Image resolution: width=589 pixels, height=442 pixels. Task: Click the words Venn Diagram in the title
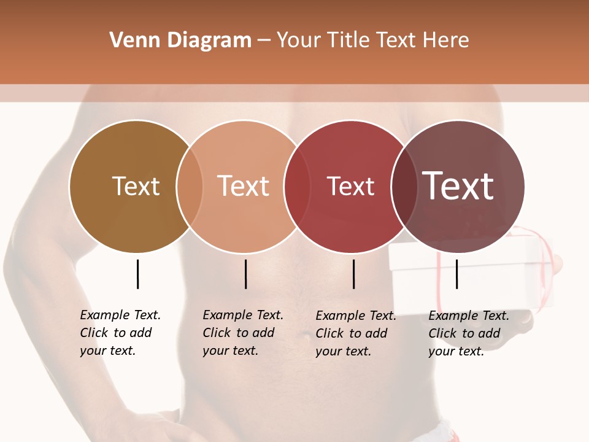[180, 41]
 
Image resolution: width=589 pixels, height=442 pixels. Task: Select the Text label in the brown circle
[136, 186]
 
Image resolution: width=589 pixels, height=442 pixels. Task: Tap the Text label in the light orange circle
[243, 186]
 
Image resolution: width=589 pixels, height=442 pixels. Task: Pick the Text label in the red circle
[350, 186]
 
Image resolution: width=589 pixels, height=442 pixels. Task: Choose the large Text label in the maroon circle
[458, 186]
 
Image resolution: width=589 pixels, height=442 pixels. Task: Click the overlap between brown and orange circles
[190, 186]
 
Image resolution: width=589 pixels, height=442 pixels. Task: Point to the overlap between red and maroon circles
[404, 186]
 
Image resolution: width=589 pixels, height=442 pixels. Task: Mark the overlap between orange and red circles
[296, 186]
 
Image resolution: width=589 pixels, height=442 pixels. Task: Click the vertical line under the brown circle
[138, 274]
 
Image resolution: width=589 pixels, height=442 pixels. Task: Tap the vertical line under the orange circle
[245, 274]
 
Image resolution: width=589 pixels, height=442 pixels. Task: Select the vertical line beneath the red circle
[354, 274]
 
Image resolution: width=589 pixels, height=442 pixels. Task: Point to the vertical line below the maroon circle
[457, 274]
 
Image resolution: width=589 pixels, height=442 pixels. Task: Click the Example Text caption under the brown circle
[120, 333]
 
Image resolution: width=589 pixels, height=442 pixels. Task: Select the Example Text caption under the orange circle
[242, 333]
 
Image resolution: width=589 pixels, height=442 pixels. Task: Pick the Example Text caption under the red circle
[355, 333]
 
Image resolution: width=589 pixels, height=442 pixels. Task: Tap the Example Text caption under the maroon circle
[468, 333]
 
